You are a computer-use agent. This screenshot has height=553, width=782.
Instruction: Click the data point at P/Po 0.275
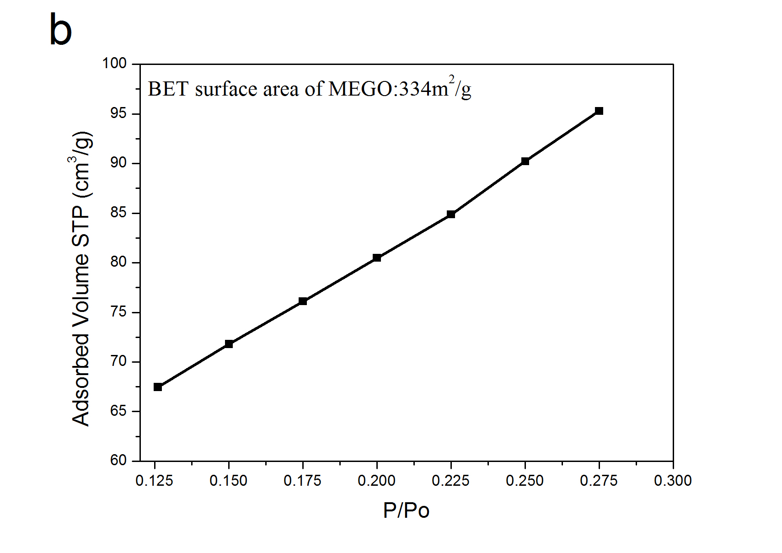[599, 111]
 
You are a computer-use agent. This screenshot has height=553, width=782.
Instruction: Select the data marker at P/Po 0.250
[525, 161]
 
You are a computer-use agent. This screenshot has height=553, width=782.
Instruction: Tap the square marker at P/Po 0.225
[451, 214]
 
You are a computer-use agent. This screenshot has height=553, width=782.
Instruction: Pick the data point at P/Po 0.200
[377, 258]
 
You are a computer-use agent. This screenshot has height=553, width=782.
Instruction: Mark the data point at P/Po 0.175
[303, 301]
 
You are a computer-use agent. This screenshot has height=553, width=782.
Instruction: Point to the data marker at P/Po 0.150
[229, 344]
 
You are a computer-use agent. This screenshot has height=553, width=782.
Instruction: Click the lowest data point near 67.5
[158, 387]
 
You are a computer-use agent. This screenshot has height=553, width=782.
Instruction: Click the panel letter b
[60, 30]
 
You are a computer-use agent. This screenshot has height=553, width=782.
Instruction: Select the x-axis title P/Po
[406, 510]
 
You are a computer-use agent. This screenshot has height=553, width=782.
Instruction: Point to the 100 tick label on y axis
[114, 63]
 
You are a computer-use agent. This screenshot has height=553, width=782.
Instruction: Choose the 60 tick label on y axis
[118, 460]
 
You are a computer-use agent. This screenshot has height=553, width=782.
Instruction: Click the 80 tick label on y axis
[118, 262]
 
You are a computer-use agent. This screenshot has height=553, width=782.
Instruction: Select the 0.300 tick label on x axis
[673, 481]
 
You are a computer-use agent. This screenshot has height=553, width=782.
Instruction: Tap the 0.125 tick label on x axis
[155, 481]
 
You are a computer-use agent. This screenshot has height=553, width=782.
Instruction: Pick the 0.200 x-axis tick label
[377, 481]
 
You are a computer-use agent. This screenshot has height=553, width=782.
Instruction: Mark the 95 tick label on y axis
[118, 113]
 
